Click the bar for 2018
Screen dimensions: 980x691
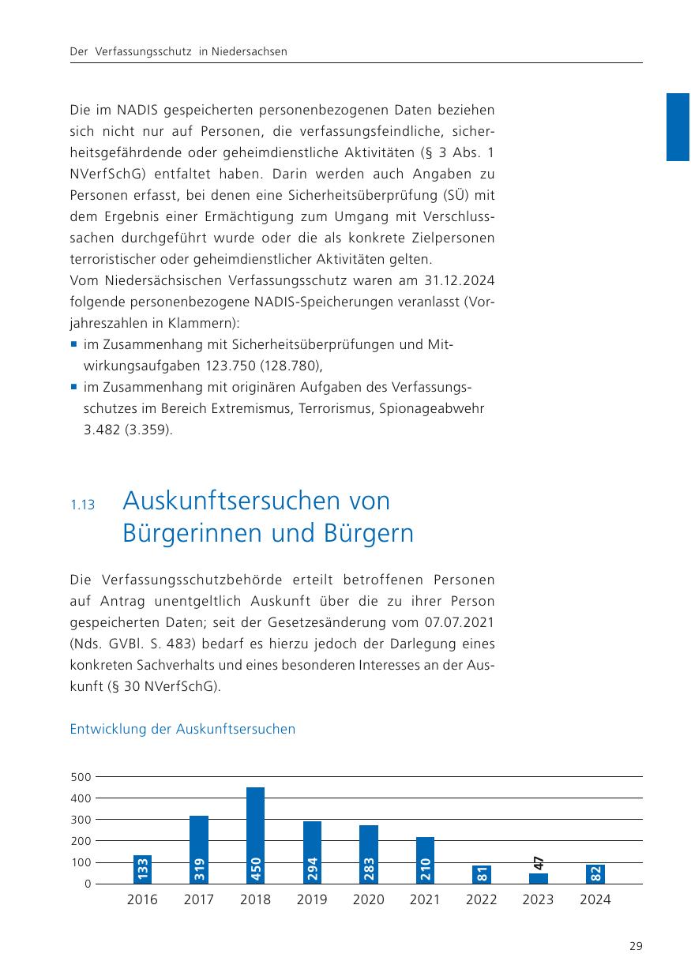pos(255,835)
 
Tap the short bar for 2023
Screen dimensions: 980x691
pos(539,878)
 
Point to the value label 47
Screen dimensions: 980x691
pos(539,864)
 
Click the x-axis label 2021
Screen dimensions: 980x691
pos(425,899)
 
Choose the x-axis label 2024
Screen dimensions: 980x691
pos(595,899)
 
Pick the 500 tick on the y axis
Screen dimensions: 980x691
pos(81,777)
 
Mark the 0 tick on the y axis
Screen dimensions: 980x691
pos(87,884)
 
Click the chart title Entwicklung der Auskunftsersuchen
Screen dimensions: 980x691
pos(182,729)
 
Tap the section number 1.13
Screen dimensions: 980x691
pos(82,505)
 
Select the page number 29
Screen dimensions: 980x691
pos(636,946)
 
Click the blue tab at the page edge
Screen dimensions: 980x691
pos(678,126)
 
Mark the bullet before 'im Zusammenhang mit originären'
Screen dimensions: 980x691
pos(73,388)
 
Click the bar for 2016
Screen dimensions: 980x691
pos(142,869)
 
